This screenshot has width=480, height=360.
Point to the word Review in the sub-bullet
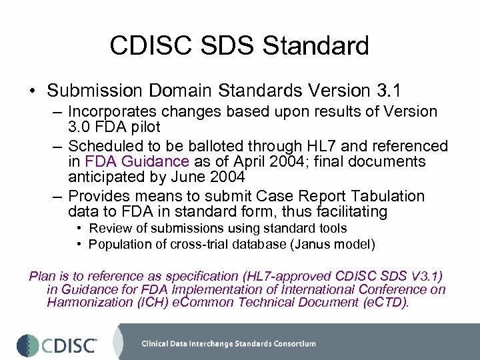click(x=109, y=229)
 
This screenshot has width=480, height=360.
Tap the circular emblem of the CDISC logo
click(x=27, y=344)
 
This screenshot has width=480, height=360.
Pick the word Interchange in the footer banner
click(x=216, y=344)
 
